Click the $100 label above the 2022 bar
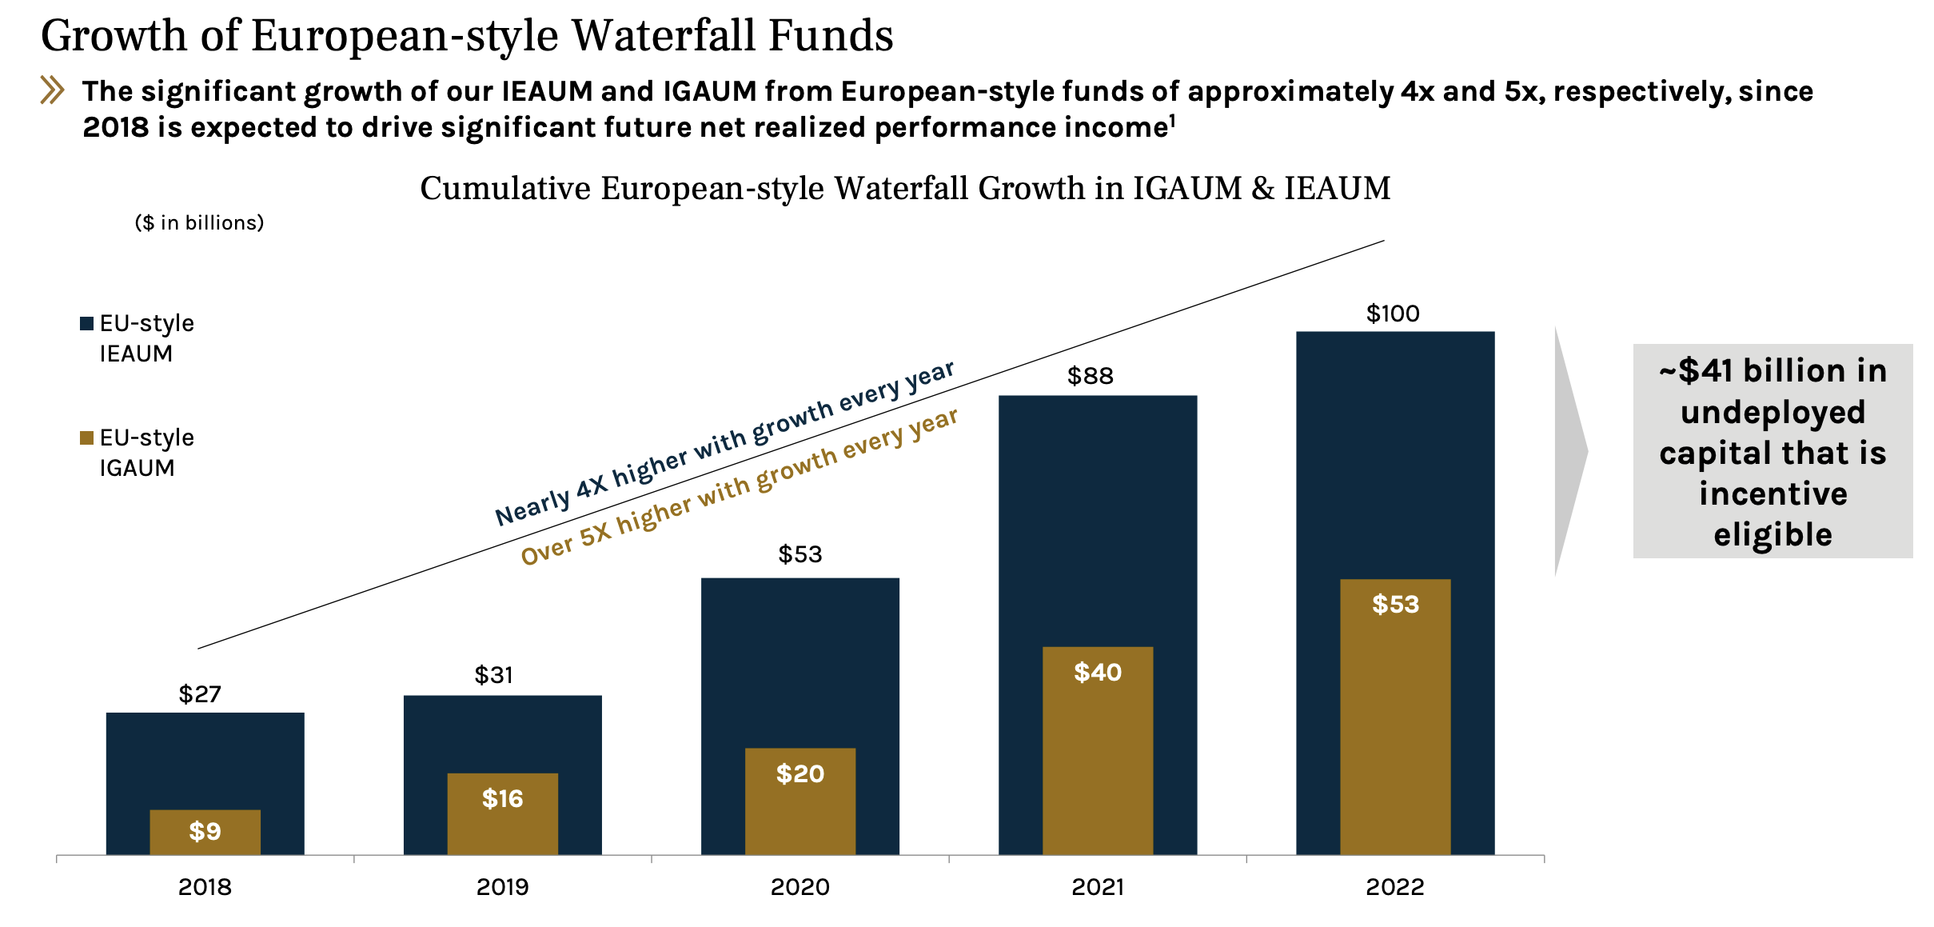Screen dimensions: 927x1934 [1393, 314]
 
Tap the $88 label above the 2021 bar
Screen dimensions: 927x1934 [1091, 376]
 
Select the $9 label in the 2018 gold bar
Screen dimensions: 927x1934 [205, 831]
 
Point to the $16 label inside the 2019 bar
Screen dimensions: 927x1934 [502, 798]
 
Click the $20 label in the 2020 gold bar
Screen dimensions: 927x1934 [800, 773]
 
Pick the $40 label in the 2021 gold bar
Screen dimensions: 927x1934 [1097, 672]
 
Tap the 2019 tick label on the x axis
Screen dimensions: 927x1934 [502, 887]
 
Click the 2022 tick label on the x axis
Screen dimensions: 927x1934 [1394, 887]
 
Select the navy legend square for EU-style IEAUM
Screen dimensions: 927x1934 [87, 324]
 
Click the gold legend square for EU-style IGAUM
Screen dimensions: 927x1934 [87, 438]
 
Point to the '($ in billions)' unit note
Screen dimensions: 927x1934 [199, 222]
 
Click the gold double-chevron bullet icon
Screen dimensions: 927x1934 [52, 90]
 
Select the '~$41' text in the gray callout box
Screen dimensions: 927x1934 [1695, 371]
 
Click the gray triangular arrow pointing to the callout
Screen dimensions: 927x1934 [1569, 452]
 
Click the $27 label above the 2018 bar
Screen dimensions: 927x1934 [200, 694]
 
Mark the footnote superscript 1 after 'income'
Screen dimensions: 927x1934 [1172, 120]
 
